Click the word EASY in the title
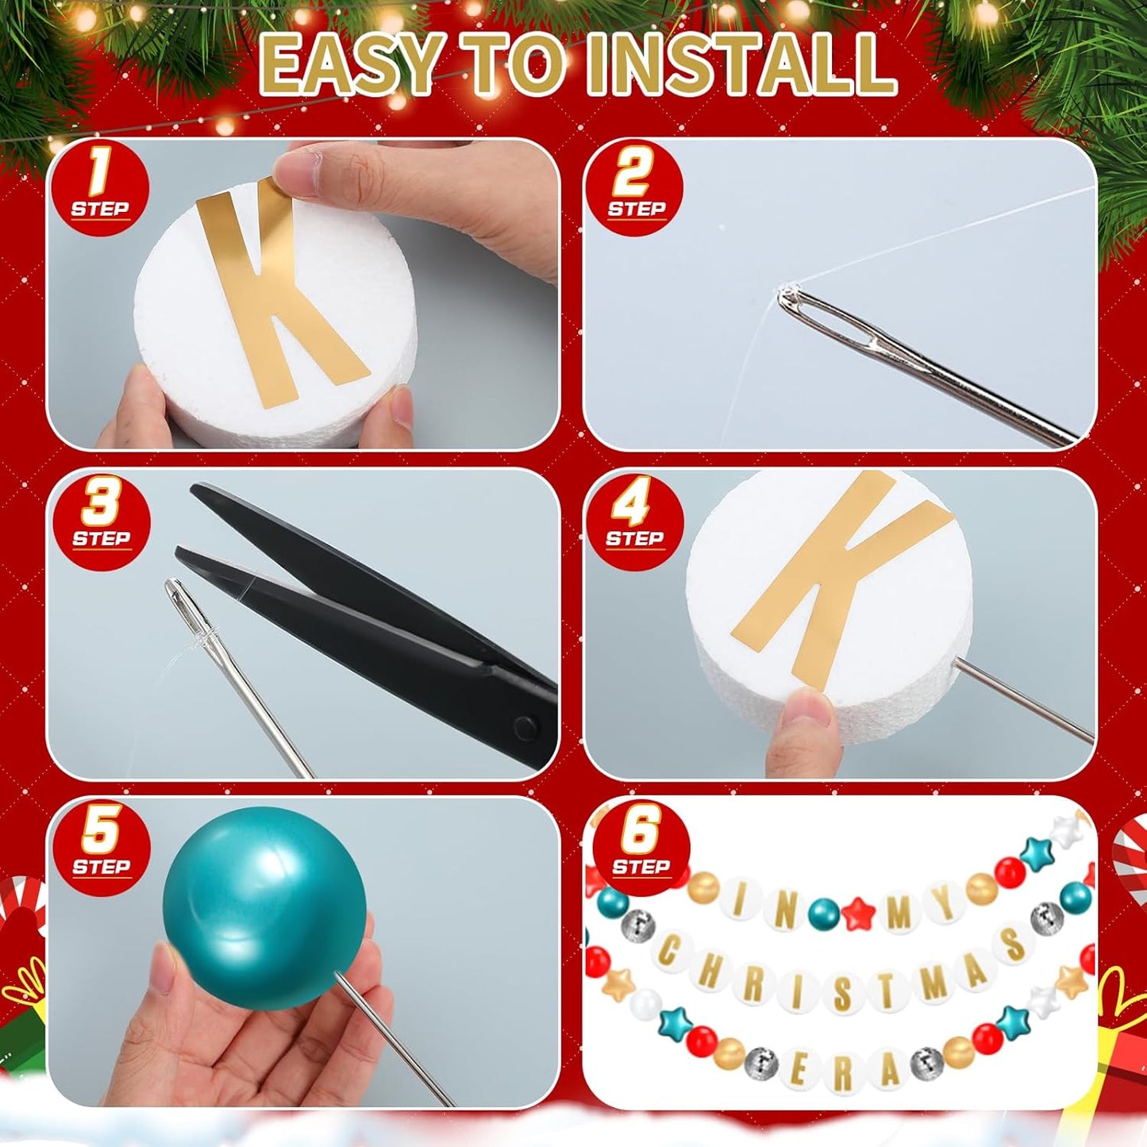point(349,65)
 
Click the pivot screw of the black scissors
point(523,726)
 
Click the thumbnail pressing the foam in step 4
point(806,707)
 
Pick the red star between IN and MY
point(858,913)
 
